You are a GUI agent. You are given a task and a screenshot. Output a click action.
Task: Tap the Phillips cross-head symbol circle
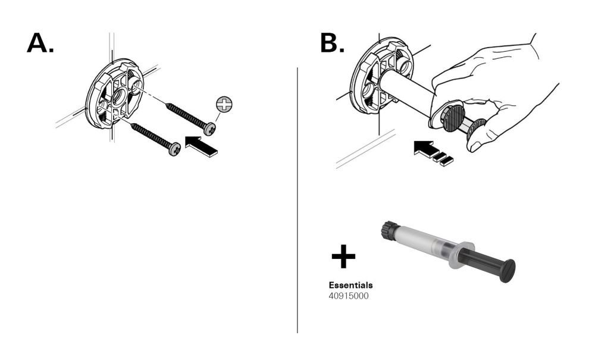[x=224, y=105]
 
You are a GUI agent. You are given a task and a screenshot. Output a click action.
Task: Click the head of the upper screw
[x=209, y=128]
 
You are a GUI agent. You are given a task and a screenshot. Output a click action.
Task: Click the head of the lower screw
[x=174, y=149]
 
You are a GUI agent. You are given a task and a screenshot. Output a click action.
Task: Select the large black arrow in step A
[x=202, y=145]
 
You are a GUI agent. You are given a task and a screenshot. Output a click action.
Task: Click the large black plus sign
[x=343, y=258]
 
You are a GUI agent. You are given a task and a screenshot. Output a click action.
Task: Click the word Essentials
[x=350, y=285]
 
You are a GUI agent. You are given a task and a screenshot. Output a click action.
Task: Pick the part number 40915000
[x=349, y=295]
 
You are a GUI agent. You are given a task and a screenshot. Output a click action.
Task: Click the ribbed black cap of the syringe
[x=389, y=232]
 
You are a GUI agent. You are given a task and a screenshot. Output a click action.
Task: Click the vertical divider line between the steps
[x=297, y=196]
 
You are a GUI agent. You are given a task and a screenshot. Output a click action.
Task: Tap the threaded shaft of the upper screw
[x=184, y=115]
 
